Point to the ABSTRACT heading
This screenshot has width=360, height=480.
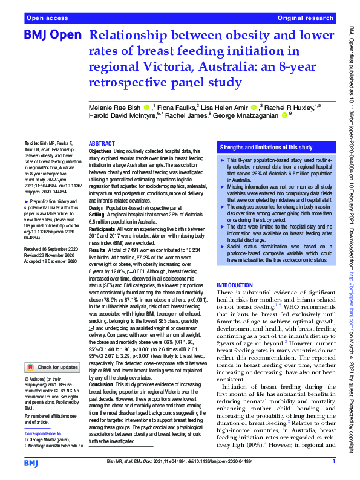coord(102,144)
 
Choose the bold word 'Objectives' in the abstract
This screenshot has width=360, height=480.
coord(100,150)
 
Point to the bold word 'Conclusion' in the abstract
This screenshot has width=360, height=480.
coord(101,384)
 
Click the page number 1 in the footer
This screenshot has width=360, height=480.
coord(333,462)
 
